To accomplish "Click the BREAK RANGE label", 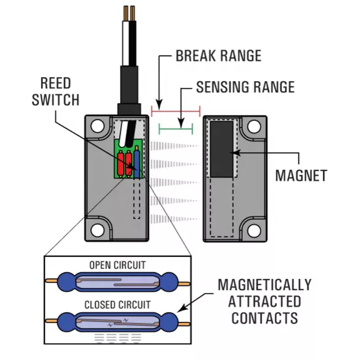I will click(x=218, y=56).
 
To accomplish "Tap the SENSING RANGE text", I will click(x=245, y=86).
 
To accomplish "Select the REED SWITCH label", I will click(x=55, y=91).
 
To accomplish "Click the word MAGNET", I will click(x=301, y=175).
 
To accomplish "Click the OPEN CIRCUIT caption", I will click(x=117, y=265).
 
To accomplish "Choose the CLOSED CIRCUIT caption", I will click(x=117, y=305).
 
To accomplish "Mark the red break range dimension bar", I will click(x=176, y=111).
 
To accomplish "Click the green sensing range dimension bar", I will click(x=176, y=129).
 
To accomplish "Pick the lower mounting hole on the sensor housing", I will click(x=97, y=230).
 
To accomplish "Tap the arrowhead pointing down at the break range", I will click(x=158, y=101).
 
